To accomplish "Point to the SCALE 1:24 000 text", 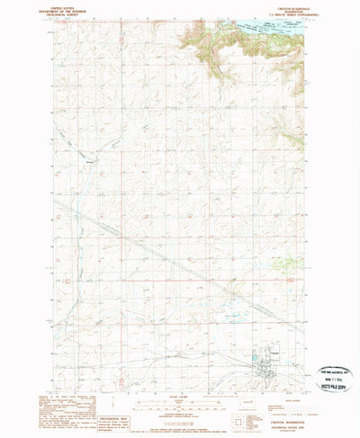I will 181,393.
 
